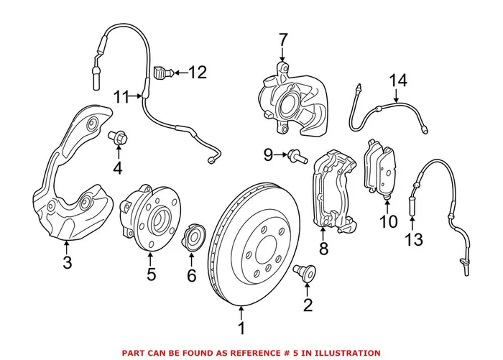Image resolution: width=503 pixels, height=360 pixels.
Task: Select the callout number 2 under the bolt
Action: coord(308,307)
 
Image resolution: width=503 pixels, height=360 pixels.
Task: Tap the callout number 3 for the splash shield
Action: coord(67,263)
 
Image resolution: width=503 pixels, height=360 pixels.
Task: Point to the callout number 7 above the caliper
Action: coord(282,39)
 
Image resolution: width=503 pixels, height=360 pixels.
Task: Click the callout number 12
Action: coord(197,72)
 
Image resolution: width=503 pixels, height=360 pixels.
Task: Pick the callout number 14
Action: coord(393,80)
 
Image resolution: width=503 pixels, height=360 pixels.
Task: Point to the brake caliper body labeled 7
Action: coord(290,101)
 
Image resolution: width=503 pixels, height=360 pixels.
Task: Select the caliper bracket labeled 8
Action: coord(331,194)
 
